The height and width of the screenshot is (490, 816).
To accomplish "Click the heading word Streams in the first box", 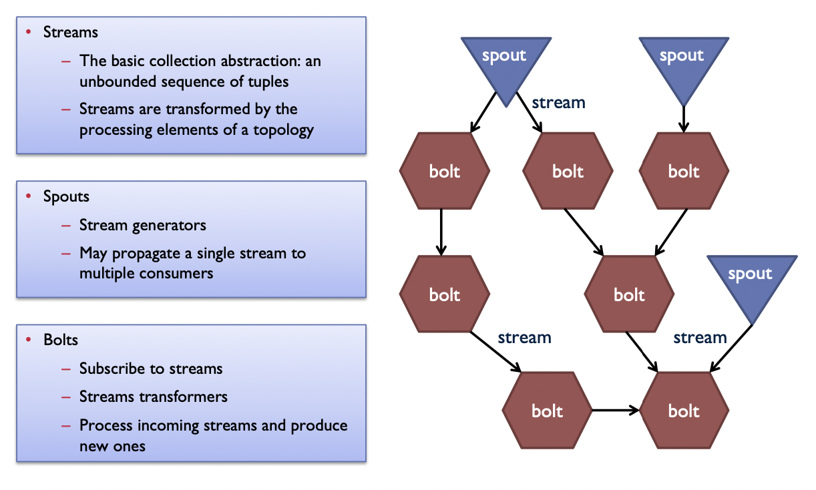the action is point(70,32).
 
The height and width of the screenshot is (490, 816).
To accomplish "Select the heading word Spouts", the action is point(66,196).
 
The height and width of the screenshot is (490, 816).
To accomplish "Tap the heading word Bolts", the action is point(61,340).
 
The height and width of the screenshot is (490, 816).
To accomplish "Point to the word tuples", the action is point(268,81).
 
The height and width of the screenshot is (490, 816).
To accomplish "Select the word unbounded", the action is point(118,81).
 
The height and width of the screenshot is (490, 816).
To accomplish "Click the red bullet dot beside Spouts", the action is point(29,196).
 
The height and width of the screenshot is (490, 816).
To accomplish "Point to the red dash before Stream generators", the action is point(66,226).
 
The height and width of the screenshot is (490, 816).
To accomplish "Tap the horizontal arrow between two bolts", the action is point(615,410).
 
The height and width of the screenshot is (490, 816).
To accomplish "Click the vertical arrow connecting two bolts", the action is point(441,232).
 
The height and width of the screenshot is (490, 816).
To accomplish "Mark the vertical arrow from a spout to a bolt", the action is point(684,119).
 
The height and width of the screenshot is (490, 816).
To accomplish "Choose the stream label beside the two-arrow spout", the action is point(558,103).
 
